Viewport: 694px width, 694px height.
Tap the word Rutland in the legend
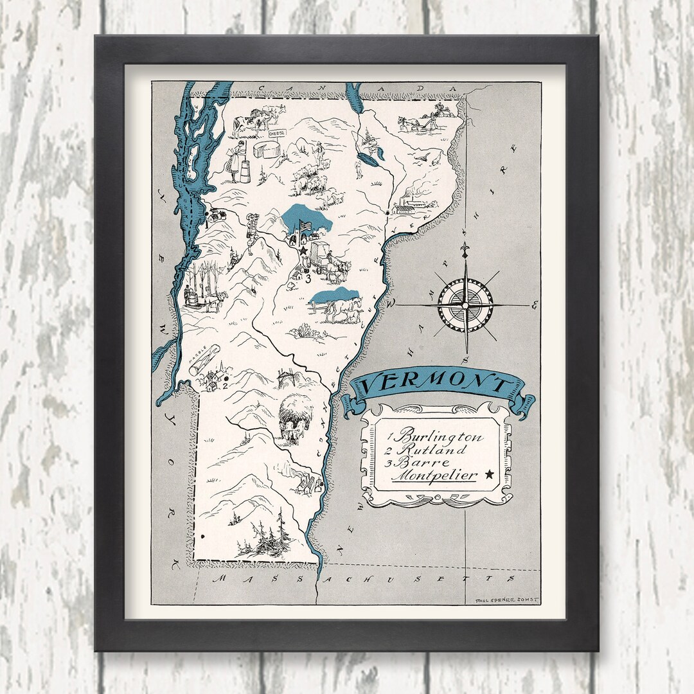pos(434,450)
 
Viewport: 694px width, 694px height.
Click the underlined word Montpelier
pos(434,476)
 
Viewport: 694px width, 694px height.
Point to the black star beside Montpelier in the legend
pos(490,474)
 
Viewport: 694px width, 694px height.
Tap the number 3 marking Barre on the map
pos(308,279)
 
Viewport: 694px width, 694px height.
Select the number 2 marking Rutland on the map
pos(225,386)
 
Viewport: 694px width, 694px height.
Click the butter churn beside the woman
pos(243,171)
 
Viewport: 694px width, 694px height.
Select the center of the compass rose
pos(465,304)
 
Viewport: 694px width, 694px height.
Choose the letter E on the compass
pos(533,306)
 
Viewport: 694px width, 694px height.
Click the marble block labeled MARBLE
pos(204,360)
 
